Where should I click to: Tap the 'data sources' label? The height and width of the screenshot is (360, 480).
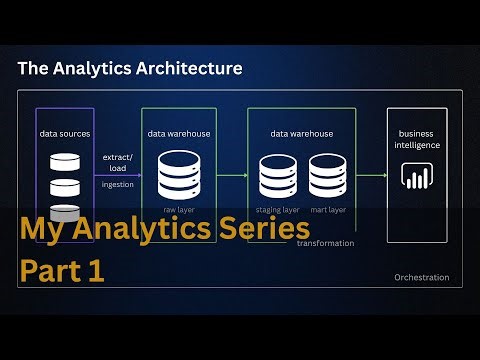click(65, 132)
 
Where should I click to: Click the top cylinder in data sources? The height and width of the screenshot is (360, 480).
click(64, 163)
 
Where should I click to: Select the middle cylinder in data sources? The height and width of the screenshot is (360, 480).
click(64, 187)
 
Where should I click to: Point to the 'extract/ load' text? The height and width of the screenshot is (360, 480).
click(116, 162)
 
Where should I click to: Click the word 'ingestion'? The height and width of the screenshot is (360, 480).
click(116, 184)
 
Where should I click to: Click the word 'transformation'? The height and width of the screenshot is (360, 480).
click(326, 243)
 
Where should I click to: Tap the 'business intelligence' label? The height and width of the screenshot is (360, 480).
click(418, 139)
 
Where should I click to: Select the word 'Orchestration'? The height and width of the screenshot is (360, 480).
click(422, 277)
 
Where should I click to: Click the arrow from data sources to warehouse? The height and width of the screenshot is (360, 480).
click(117, 175)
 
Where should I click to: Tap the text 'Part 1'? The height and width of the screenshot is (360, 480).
click(62, 271)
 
